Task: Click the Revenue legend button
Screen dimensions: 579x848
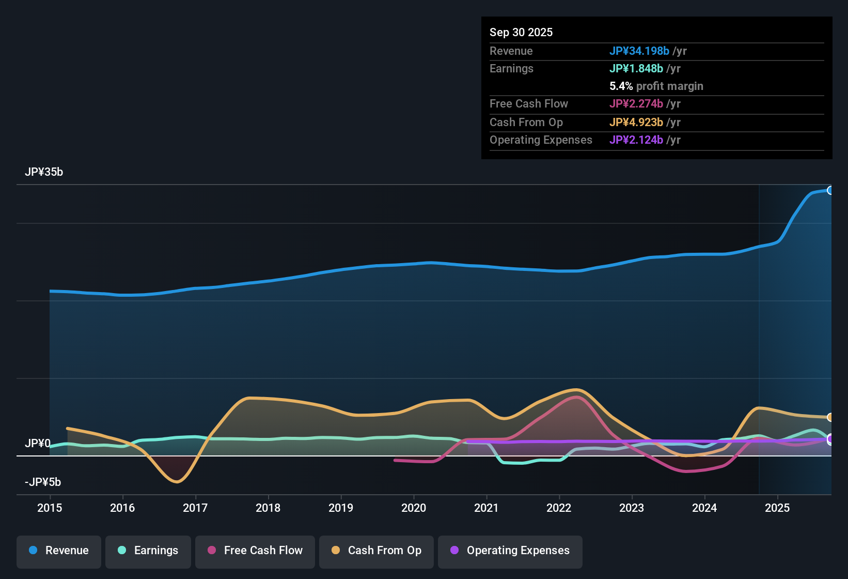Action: click(x=59, y=551)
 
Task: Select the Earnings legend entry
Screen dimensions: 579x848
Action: click(x=148, y=551)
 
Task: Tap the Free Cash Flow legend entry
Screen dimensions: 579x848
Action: click(x=255, y=551)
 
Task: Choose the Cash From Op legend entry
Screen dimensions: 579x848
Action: click(x=376, y=551)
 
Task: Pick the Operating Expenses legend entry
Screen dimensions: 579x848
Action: click(x=510, y=551)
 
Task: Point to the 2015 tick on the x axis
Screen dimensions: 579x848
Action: click(x=50, y=508)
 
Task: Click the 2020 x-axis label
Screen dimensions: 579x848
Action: click(x=414, y=508)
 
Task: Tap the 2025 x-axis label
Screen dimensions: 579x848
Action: click(x=777, y=508)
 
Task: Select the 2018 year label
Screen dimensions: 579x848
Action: click(x=268, y=508)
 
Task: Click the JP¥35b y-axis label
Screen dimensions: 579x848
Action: click(x=44, y=172)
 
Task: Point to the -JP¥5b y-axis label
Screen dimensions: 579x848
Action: click(x=43, y=482)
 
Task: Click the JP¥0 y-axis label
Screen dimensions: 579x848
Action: click(x=38, y=444)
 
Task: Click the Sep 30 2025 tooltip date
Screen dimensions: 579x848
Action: click(x=521, y=32)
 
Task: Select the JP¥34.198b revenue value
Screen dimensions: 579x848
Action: click(x=639, y=51)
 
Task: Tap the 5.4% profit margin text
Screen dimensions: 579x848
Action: click(x=656, y=86)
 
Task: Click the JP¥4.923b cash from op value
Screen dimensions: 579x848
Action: click(x=636, y=122)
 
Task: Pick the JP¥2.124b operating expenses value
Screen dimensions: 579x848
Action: click(x=636, y=140)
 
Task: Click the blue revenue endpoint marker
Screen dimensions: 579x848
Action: click(x=830, y=190)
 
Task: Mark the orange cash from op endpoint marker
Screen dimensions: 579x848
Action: click(x=830, y=417)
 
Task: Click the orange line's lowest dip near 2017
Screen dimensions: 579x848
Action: click(x=177, y=482)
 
